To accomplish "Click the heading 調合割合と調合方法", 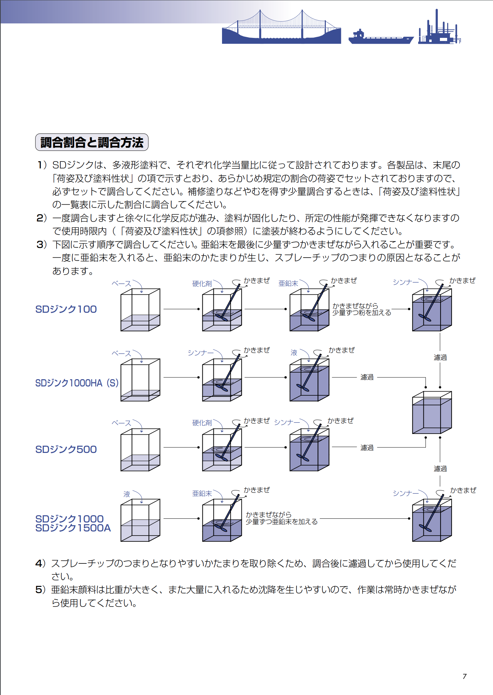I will (x=92, y=142).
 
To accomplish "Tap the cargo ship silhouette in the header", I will (x=381, y=37).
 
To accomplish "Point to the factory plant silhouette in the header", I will (x=439, y=29).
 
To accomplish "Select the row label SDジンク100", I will (x=66, y=309).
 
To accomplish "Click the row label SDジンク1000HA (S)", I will (x=77, y=383).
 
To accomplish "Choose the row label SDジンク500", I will (x=66, y=449).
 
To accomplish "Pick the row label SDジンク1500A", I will (x=73, y=528).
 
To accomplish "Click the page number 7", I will (x=464, y=676).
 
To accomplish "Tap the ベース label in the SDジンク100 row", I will (x=121, y=284).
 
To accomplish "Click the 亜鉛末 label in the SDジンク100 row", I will (x=288, y=283).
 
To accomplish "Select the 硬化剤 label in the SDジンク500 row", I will (x=202, y=423).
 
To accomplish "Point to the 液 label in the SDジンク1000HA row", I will (x=294, y=353).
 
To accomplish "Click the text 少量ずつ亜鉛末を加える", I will (x=281, y=522).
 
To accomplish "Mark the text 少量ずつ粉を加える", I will (x=361, y=313).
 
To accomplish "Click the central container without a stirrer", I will (x=432, y=413).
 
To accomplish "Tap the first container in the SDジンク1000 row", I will (x=140, y=520).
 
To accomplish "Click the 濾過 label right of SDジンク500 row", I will (x=367, y=448).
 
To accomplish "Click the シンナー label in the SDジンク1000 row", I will (x=405, y=494).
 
